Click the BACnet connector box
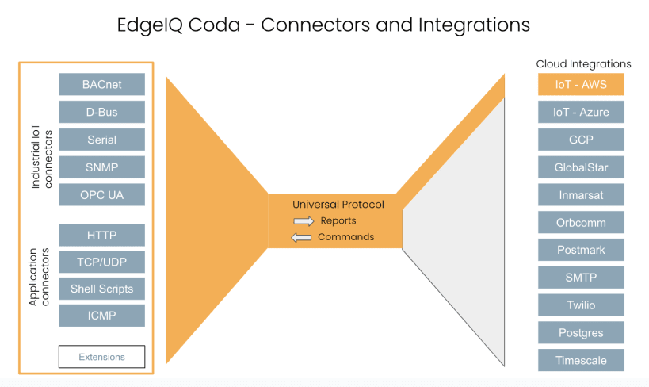click(101, 84)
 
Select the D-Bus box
click(101, 112)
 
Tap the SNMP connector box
click(101, 167)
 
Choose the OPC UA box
click(101, 195)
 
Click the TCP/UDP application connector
click(101, 262)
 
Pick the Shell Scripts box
click(101, 289)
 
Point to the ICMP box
click(101, 316)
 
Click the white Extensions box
click(101, 357)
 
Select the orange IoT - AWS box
click(581, 84)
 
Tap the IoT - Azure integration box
click(581, 112)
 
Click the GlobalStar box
click(581, 167)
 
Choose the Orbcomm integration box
click(581, 223)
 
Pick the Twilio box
click(581, 305)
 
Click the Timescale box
click(581, 360)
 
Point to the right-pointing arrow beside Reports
click(304, 221)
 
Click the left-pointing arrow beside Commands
click(301, 237)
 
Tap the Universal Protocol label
click(338, 205)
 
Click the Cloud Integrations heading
click(583, 64)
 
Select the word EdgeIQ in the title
click(150, 25)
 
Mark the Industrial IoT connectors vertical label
click(42, 156)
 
